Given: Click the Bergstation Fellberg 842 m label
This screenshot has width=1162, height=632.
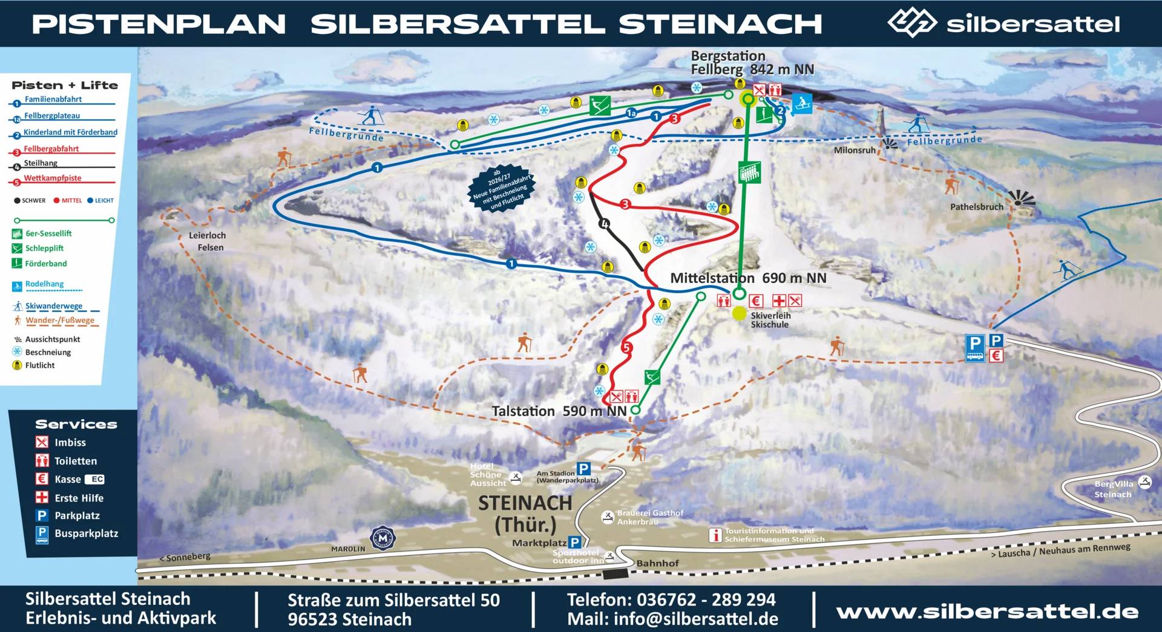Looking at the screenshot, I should [752, 63].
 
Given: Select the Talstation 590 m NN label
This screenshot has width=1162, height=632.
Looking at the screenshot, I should [559, 411].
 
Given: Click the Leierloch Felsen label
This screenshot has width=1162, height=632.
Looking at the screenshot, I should [207, 241].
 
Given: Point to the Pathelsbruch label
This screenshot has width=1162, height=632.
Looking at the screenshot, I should [976, 207].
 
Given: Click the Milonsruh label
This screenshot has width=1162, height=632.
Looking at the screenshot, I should [854, 150].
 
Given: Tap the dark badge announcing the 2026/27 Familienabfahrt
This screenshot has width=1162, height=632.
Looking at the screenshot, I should [502, 187].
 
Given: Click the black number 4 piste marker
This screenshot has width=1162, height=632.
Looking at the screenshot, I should [603, 224].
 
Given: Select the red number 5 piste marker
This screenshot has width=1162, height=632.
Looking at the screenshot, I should [626, 347].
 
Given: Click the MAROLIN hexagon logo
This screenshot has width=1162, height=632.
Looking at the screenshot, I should [382, 538].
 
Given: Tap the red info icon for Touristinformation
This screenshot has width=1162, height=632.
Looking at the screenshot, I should [715, 535].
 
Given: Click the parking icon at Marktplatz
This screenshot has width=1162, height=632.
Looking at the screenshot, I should [575, 542].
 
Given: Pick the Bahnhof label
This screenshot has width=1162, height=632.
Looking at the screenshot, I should [657, 563].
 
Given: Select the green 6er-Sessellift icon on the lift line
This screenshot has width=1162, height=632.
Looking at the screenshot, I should [749, 172].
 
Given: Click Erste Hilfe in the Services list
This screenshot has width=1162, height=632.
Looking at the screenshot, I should [78, 498].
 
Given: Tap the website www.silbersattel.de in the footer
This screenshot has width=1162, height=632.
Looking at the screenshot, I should [987, 611].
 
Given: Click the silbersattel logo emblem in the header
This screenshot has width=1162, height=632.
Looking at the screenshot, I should [911, 23].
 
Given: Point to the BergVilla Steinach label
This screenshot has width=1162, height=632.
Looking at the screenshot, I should [1114, 489].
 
